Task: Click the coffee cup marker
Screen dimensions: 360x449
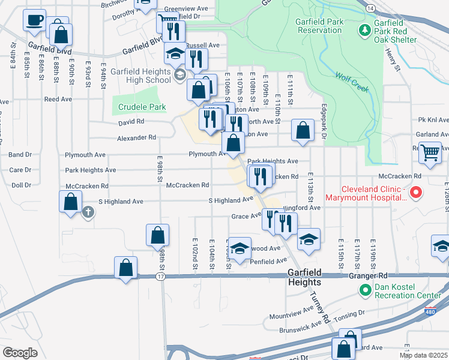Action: (x=34, y=20)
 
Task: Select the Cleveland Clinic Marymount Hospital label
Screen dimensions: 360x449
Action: (x=362, y=192)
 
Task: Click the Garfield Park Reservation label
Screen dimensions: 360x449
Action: (x=319, y=26)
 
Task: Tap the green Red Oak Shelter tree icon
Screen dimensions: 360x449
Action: (x=364, y=29)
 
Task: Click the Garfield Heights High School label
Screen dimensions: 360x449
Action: (x=141, y=74)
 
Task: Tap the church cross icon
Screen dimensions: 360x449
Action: (x=88, y=212)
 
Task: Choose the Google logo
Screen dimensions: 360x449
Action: (x=20, y=352)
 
